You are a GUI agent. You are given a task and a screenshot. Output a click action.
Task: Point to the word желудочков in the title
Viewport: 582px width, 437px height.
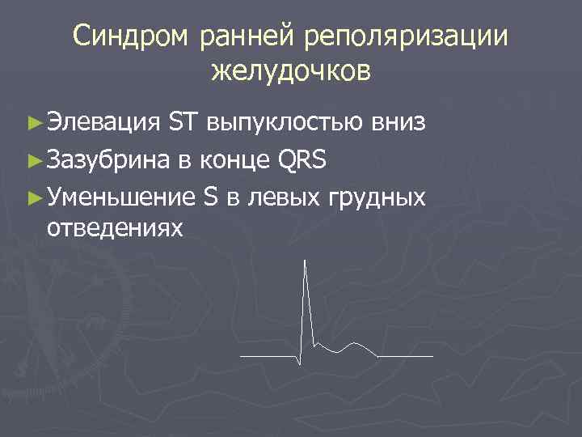(x=291, y=71)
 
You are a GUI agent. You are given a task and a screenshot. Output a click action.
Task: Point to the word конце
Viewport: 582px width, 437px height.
(x=234, y=159)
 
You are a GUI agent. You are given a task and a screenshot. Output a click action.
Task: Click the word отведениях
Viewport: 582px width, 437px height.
(x=116, y=229)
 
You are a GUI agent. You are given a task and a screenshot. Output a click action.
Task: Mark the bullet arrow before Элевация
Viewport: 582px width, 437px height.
(x=33, y=124)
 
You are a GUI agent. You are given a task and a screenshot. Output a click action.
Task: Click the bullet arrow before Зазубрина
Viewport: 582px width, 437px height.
(x=33, y=160)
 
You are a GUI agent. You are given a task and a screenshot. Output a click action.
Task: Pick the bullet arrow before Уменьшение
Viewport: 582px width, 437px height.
(x=33, y=197)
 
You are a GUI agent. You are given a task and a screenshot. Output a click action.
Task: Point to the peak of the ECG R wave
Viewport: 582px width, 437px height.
(x=306, y=261)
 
